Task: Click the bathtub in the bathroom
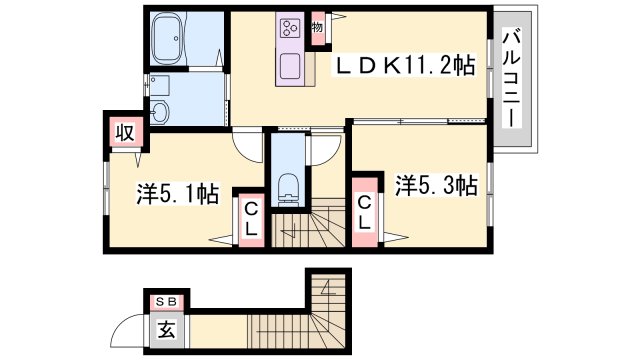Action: point(168,38)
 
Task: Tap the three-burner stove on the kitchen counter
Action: point(290,28)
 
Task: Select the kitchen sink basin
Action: point(290,66)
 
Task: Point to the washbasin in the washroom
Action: point(160,111)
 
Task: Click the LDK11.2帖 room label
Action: point(405,66)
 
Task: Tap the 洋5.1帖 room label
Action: point(178,193)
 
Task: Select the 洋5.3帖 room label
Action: point(436,186)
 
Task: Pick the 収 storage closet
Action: point(125,132)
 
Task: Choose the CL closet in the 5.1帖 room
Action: point(251,220)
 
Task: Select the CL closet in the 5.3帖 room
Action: point(364,212)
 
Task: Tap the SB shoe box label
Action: point(167,302)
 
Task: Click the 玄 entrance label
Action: point(167,329)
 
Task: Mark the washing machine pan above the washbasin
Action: point(160,85)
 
